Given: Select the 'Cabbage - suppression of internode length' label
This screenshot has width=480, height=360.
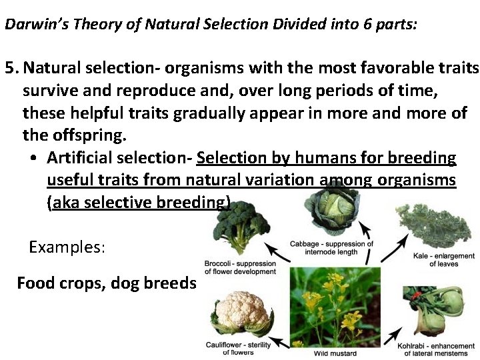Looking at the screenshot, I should pos(331,247).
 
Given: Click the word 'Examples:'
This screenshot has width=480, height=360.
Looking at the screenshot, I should pos(67,247).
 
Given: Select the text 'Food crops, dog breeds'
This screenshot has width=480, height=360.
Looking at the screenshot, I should pos(106,283).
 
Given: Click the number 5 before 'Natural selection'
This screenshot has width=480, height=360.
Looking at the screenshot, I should pos(9,68).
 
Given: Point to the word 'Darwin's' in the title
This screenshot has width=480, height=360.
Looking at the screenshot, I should pos(29,25).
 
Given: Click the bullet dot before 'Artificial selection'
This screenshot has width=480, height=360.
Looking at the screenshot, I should pos(33,159).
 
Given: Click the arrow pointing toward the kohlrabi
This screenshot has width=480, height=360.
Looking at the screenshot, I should pos(393,333).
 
